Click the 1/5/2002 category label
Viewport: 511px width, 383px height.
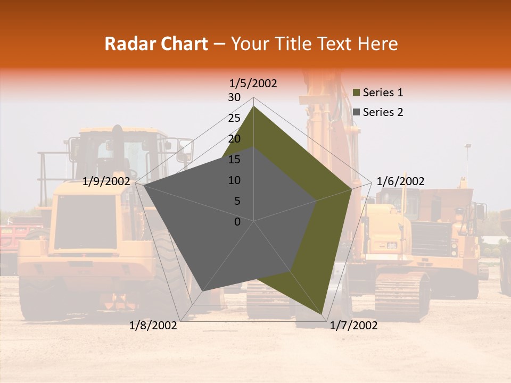(253, 84)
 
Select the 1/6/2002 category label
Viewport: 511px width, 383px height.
(400, 181)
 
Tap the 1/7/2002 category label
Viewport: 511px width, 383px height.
(353, 326)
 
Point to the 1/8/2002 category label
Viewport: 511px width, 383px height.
(153, 326)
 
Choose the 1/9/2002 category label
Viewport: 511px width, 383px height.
(106, 181)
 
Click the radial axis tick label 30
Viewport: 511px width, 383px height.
(234, 97)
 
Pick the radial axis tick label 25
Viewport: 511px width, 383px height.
(234, 118)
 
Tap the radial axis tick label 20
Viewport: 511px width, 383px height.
(234, 139)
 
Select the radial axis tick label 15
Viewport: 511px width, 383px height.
(234, 160)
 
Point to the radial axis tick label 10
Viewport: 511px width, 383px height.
(234, 180)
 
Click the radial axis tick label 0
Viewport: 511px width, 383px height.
(237, 222)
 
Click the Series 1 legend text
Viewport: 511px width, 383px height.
(383, 93)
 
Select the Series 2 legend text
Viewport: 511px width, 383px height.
(383, 112)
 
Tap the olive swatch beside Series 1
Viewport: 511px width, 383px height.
(357, 93)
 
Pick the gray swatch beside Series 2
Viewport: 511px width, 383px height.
(357, 112)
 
